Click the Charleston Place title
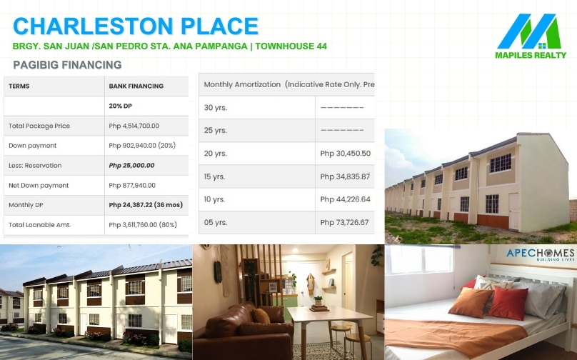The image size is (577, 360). tap(136, 26)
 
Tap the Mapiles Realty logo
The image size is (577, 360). tap(531, 36)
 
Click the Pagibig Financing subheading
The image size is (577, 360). tap(67, 65)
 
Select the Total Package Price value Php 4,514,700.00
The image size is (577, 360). tap(134, 126)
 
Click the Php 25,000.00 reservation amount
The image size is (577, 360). tap(131, 166)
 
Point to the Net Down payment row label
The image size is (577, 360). tap(39, 186)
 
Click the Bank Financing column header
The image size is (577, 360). tap(136, 86)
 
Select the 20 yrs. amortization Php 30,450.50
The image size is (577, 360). tap(345, 154)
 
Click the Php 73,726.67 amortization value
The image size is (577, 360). tap(344, 222)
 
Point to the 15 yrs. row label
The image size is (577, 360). tap(214, 176)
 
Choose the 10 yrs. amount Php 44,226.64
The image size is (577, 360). tap(345, 199)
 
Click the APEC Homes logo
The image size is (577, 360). tap(540, 254)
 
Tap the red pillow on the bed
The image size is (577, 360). tap(508, 303)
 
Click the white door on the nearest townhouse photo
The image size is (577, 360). tap(513, 211)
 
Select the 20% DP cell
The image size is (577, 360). tap(121, 106)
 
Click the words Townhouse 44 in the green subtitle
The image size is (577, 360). tap(291, 46)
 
